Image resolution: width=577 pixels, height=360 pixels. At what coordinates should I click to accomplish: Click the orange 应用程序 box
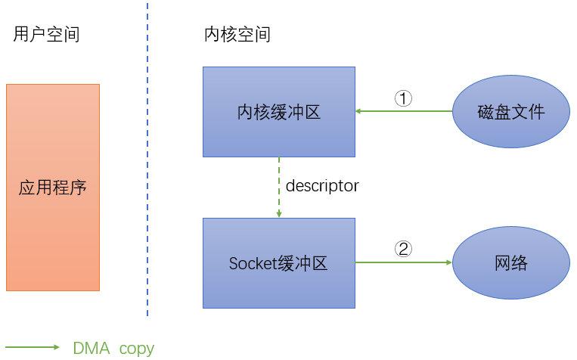[x=53, y=227]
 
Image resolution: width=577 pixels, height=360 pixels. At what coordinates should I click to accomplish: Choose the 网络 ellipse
[x=511, y=263]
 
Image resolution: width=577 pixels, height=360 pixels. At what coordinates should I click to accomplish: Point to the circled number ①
[x=404, y=98]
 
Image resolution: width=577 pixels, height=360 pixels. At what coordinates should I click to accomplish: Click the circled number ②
[x=404, y=249]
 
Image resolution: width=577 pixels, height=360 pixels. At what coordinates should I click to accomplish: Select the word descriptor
[x=322, y=185]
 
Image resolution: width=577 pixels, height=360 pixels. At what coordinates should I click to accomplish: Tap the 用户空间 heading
[x=46, y=34]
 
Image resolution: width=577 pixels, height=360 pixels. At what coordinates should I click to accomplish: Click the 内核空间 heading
[x=237, y=34]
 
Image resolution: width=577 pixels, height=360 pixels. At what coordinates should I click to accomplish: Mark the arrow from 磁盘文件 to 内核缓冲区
[x=404, y=112]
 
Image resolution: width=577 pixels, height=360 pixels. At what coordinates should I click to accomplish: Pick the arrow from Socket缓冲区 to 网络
[x=404, y=263]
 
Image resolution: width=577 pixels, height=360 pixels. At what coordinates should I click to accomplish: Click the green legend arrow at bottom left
[x=33, y=347]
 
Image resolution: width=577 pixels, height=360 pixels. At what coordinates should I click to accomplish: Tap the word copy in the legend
[x=136, y=349]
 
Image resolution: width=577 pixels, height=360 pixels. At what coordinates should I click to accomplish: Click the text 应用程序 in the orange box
[x=53, y=187]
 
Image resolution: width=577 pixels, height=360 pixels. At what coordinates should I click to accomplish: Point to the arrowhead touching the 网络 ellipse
[x=448, y=263]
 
